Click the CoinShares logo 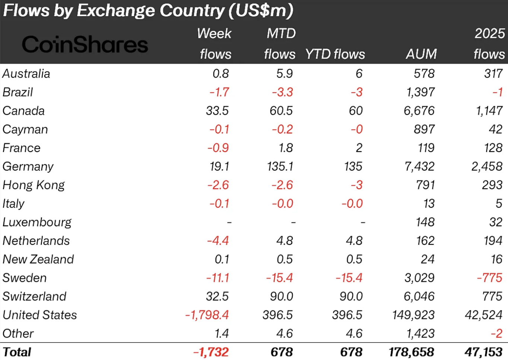tap(85, 45)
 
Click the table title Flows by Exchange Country tap(148, 10)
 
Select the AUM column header tap(421, 54)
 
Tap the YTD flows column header tap(335, 54)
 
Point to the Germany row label tap(28, 167)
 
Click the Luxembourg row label tap(37, 222)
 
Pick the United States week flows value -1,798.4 tap(207, 315)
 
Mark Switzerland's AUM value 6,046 tap(419, 297)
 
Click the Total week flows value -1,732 tap(211, 352)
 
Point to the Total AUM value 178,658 tap(411, 352)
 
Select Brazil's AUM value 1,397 tap(420, 92)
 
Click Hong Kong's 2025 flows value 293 tap(492, 185)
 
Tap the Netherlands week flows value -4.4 tap(218, 241)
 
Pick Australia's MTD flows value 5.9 tap(285, 73)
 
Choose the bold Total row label tap(17, 352)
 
